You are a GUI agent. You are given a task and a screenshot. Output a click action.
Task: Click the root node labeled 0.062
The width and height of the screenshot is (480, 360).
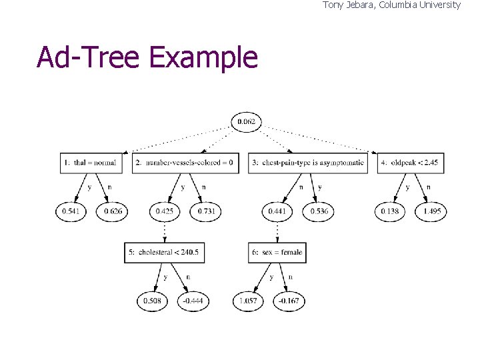pos(247,121)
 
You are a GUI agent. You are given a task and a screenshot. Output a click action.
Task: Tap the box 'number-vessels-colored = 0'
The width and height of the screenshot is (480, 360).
pos(185,163)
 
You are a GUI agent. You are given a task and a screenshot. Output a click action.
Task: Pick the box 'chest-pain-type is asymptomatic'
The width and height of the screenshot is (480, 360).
pos(308,163)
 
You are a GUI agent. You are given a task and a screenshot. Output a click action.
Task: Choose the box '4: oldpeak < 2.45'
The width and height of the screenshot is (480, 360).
pos(411,163)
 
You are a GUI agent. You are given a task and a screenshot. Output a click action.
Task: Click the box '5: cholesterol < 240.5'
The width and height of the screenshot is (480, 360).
pos(164,253)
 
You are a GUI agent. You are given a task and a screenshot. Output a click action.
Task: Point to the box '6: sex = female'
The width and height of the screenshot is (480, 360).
pos(277,253)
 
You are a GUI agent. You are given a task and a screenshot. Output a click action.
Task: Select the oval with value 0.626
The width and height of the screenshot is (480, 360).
pos(112,211)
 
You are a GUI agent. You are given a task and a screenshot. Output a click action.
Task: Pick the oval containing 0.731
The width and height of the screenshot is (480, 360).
pos(205,211)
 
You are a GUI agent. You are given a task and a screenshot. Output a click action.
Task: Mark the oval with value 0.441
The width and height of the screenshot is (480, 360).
pos(278,211)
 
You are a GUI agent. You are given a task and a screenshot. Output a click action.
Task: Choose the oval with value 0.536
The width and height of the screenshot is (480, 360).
pos(318,211)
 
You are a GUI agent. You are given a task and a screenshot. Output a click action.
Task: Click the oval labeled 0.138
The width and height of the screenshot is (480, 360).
pos(391,211)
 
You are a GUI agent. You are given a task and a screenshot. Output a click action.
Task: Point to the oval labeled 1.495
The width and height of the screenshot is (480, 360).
pos(431,211)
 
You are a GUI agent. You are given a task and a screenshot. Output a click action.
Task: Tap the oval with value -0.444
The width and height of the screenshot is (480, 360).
pos(193,301)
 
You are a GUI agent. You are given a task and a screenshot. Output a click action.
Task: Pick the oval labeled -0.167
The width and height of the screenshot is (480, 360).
pos(289,301)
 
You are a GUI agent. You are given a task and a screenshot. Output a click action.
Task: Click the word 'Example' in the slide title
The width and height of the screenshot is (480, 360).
pos(203,58)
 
